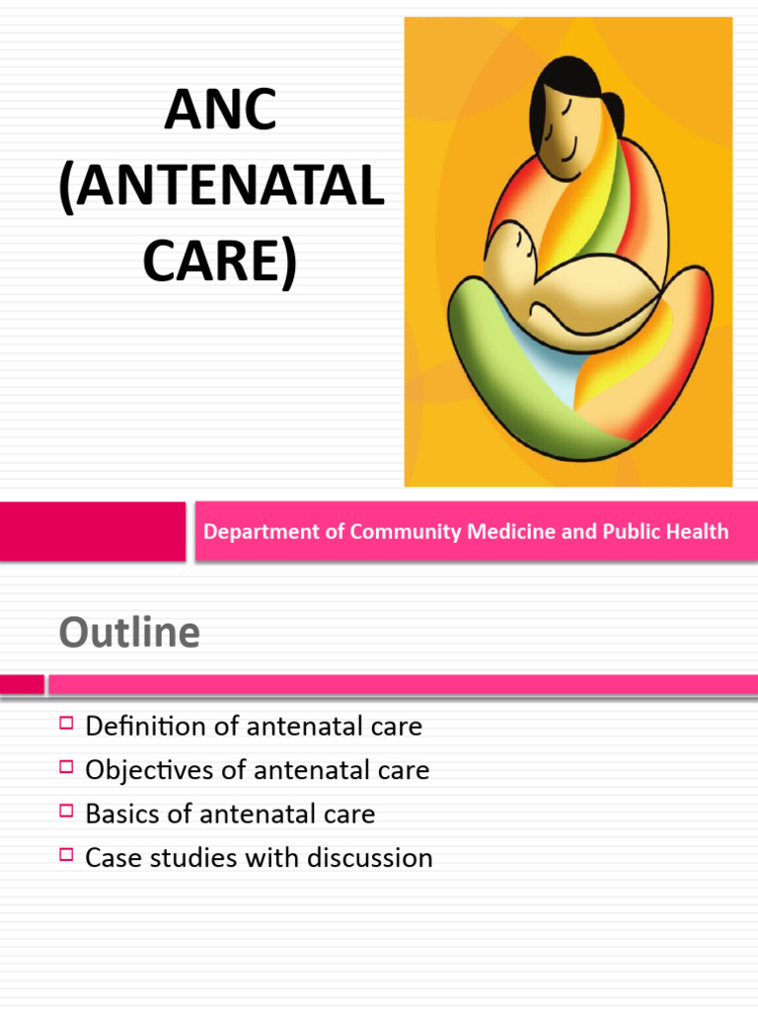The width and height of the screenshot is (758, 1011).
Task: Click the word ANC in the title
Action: [220, 112]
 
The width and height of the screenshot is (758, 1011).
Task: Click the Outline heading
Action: [129, 632]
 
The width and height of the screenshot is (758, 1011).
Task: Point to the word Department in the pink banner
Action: [262, 532]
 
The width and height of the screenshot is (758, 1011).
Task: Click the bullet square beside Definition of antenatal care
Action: [66, 725]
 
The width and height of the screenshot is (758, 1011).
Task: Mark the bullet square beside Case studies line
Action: [66, 855]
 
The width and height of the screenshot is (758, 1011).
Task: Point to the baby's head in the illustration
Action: [513, 247]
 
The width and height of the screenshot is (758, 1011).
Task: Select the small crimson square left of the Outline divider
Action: [22, 684]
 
